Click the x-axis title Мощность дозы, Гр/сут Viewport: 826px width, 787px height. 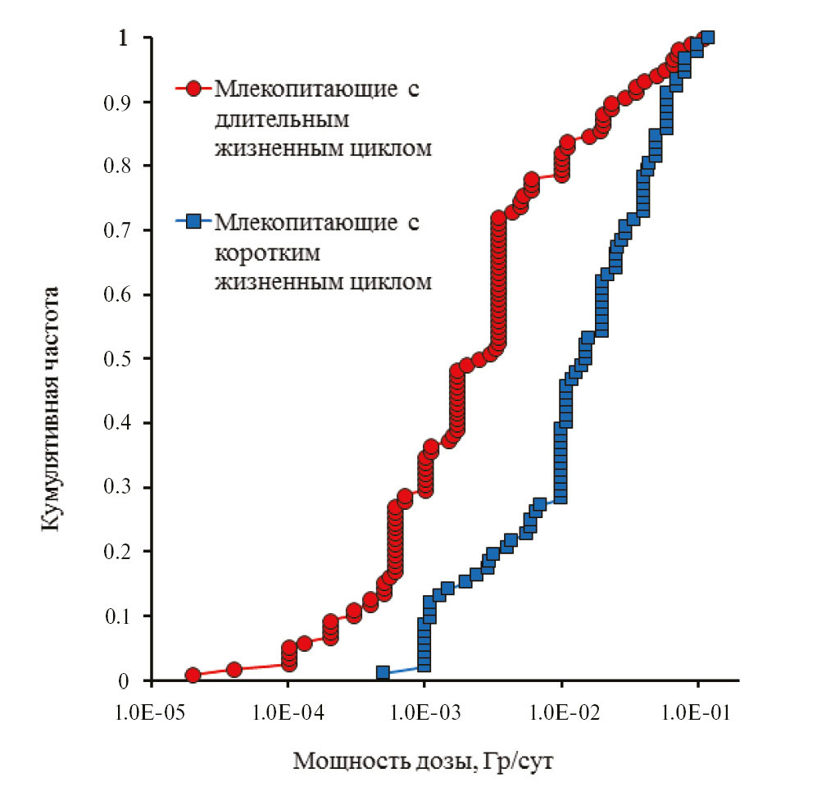tap(424, 762)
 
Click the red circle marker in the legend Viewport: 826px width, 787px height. tap(193, 89)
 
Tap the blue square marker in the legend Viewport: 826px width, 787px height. tap(193, 221)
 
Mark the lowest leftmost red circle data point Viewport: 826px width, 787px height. tap(193, 675)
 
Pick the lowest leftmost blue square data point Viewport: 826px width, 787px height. tap(383, 672)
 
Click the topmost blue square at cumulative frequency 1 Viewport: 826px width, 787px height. tap(708, 38)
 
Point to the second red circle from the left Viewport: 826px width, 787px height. tap(234, 670)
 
